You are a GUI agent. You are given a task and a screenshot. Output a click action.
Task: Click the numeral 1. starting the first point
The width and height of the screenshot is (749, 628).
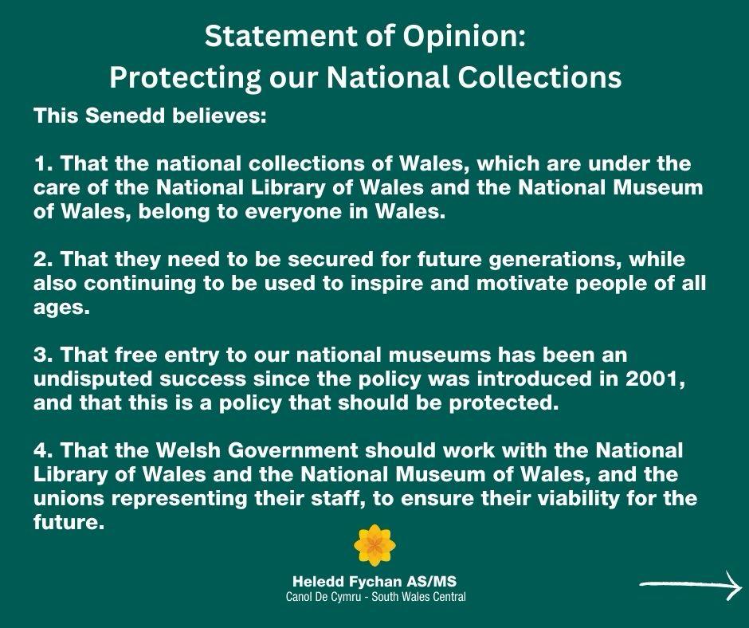(43, 164)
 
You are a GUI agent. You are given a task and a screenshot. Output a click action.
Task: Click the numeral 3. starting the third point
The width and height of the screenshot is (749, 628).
(43, 355)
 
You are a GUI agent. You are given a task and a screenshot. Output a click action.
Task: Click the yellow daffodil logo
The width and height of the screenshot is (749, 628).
(374, 545)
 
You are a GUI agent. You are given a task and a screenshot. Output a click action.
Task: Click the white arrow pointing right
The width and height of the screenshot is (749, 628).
(691, 585)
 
